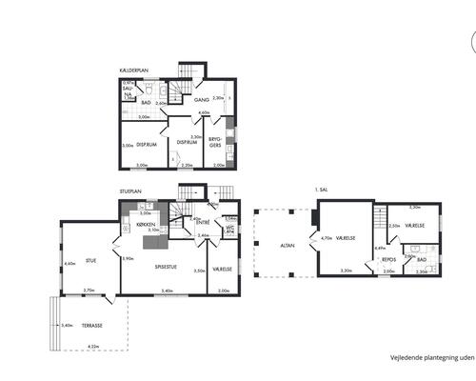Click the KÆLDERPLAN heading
click(134, 71)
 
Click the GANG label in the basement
click(202, 99)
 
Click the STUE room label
click(90, 259)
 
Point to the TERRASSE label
click(92, 324)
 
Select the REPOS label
click(388, 259)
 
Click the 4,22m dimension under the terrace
click(92, 346)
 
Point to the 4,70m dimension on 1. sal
click(327, 238)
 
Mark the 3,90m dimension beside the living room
click(129, 257)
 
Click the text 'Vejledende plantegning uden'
click(431, 358)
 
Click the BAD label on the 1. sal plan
click(422, 257)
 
